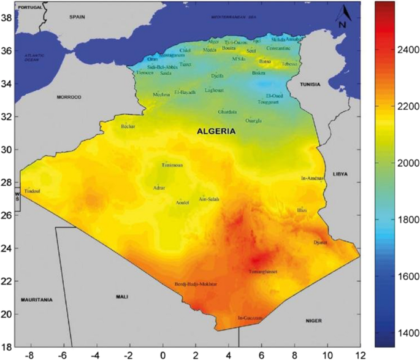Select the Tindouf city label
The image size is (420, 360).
pos(31,191)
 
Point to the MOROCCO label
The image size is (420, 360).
pos(69,98)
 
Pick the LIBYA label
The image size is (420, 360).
pos(340,174)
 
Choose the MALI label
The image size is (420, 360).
pos(121,297)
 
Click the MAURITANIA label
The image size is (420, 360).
pos(36,300)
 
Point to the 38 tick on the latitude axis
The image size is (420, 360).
pos(7,18)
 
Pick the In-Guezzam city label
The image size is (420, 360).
pos(250,318)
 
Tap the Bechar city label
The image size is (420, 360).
pos(128,126)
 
